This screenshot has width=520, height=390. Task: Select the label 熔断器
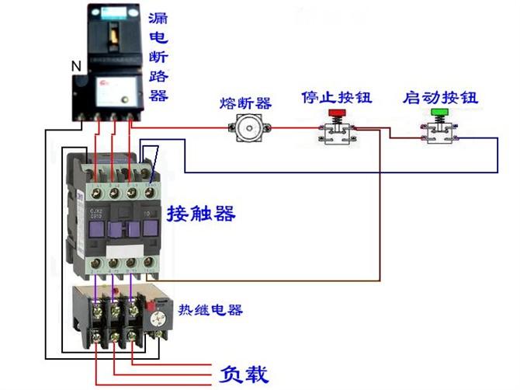coord(245,103)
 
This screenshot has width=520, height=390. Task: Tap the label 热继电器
coord(210,310)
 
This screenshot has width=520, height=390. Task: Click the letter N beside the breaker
coord(75,67)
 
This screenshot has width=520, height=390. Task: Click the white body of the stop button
coord(338,134)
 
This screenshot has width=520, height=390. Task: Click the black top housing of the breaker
coord(113,31)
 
